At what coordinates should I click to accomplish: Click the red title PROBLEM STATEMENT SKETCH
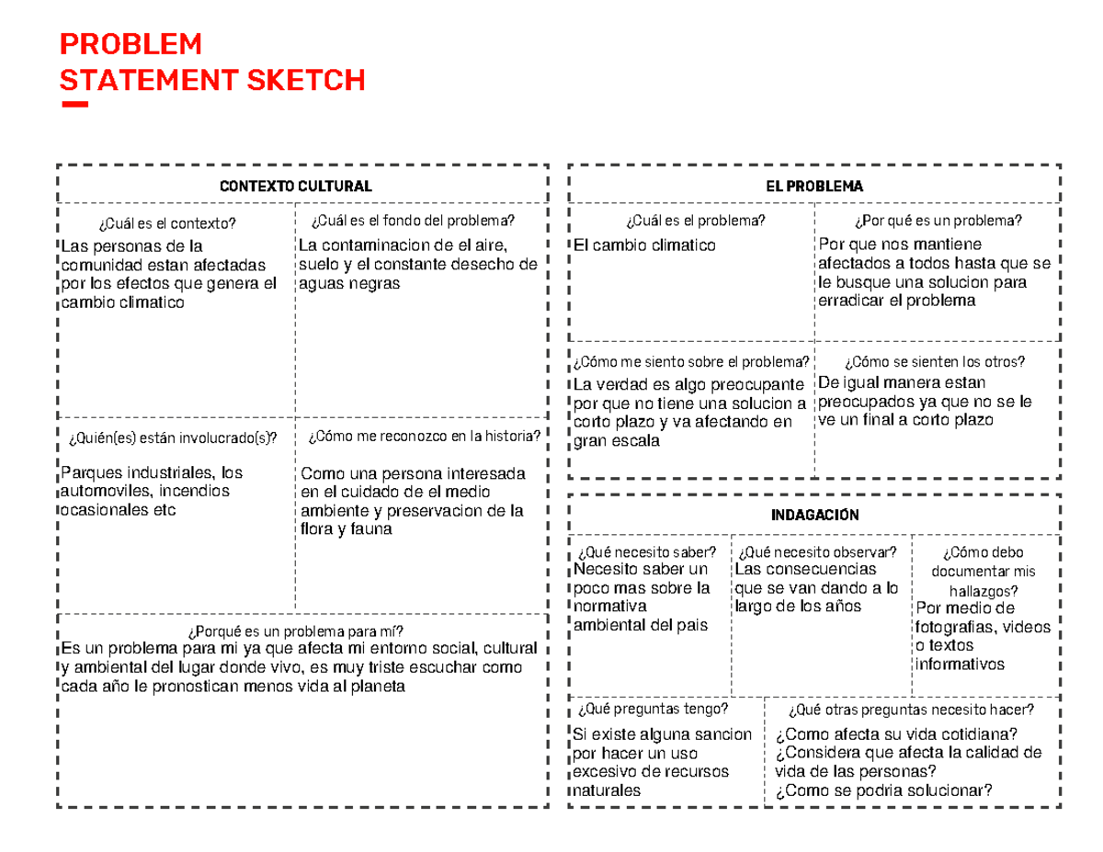[211, 62]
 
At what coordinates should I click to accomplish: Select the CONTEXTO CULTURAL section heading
[296, 186]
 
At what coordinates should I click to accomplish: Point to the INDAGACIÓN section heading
[814, 515]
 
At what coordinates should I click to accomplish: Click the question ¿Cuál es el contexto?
[166, 222]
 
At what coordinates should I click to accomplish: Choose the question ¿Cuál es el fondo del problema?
[414, 221]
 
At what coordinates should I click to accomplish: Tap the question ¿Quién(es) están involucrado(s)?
[172, 437]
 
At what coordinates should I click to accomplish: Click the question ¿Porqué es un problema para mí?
[295, 630]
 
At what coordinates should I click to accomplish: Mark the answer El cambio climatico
[643, 245]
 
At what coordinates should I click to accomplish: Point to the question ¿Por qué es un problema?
[938, 221]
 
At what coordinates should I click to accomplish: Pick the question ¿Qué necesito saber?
[646, 551]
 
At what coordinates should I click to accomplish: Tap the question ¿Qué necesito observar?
[816, 551]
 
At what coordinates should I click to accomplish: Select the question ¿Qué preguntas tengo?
[653, 709]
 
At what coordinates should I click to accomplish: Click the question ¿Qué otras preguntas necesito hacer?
[911, 709]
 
